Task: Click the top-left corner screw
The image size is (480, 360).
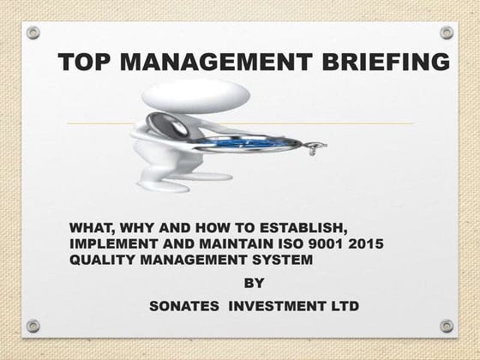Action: pyautogui.click(x=33, y=33)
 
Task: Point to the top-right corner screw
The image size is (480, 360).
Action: pyautogui.click(x=447, y=33)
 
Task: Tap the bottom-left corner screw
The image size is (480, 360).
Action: pyautogui.click(x=33, y=326)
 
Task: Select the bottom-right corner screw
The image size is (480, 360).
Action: pyautogui.click(x=447, y=326)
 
